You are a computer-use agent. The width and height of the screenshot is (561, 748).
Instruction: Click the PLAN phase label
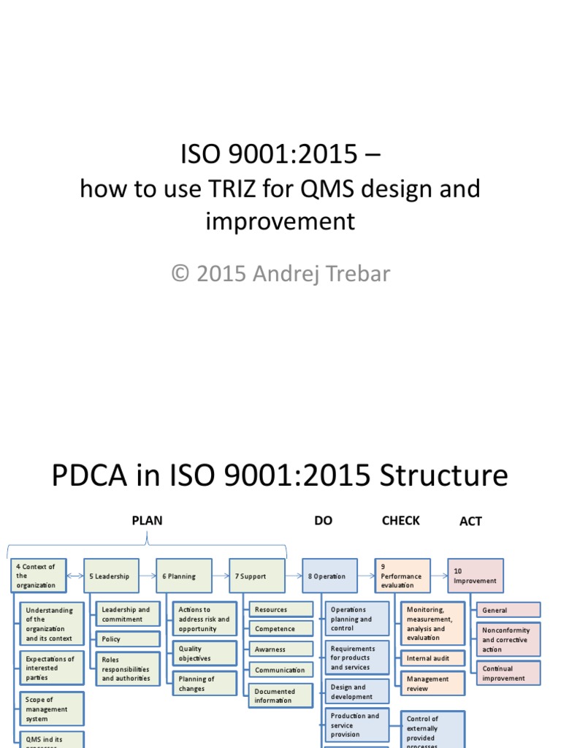tap(147, 521)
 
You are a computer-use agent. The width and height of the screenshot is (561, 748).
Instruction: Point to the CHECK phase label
tap(400, 521)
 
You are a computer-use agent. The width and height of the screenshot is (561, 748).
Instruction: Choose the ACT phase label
tap(470, 522)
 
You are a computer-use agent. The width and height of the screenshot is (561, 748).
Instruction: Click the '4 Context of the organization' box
tap(38, 576)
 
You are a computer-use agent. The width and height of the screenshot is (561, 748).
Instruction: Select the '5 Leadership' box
tap(110, 576)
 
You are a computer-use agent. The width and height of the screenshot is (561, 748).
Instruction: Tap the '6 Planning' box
tap(183, 576)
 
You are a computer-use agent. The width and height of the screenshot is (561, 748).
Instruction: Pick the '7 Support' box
tap(256, 576)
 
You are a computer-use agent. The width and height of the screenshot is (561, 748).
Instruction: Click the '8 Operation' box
tap(329, 576)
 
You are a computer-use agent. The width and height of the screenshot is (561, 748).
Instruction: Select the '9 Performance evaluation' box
tap(402, 576)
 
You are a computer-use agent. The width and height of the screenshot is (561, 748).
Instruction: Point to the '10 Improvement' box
tap(476, 576)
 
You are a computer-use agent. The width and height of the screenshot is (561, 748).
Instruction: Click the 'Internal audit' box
tap(432, 658)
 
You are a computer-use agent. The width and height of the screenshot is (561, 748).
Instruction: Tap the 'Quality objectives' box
tap(205, 653)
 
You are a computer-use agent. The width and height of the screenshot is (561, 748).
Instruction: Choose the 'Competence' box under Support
tap(280, 629)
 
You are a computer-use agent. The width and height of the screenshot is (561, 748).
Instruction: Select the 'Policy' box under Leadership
tap(128, 639)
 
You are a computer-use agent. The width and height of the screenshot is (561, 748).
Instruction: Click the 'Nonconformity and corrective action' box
tap(508, 640)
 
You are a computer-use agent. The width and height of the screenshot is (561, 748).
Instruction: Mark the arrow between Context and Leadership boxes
tap(75, 576)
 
